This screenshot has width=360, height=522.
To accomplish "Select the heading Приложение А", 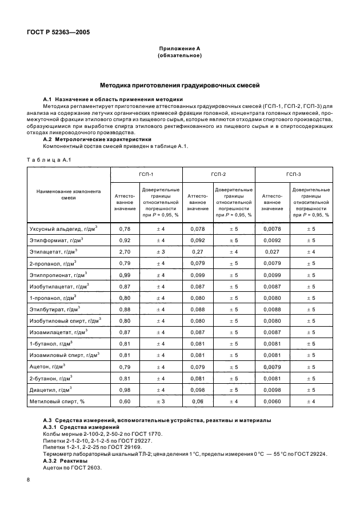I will pos(181,50).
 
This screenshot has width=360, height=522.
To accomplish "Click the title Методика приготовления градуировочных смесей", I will pos(180,86).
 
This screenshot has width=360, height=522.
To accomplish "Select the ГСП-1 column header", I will pos(146,174).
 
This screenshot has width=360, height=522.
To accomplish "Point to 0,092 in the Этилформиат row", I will pos(197,240).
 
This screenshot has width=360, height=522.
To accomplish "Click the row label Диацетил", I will pos(58,390).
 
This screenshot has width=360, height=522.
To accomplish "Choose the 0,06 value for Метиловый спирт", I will pos(197,401).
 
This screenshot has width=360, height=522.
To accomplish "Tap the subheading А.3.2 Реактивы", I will pos(66,460).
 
